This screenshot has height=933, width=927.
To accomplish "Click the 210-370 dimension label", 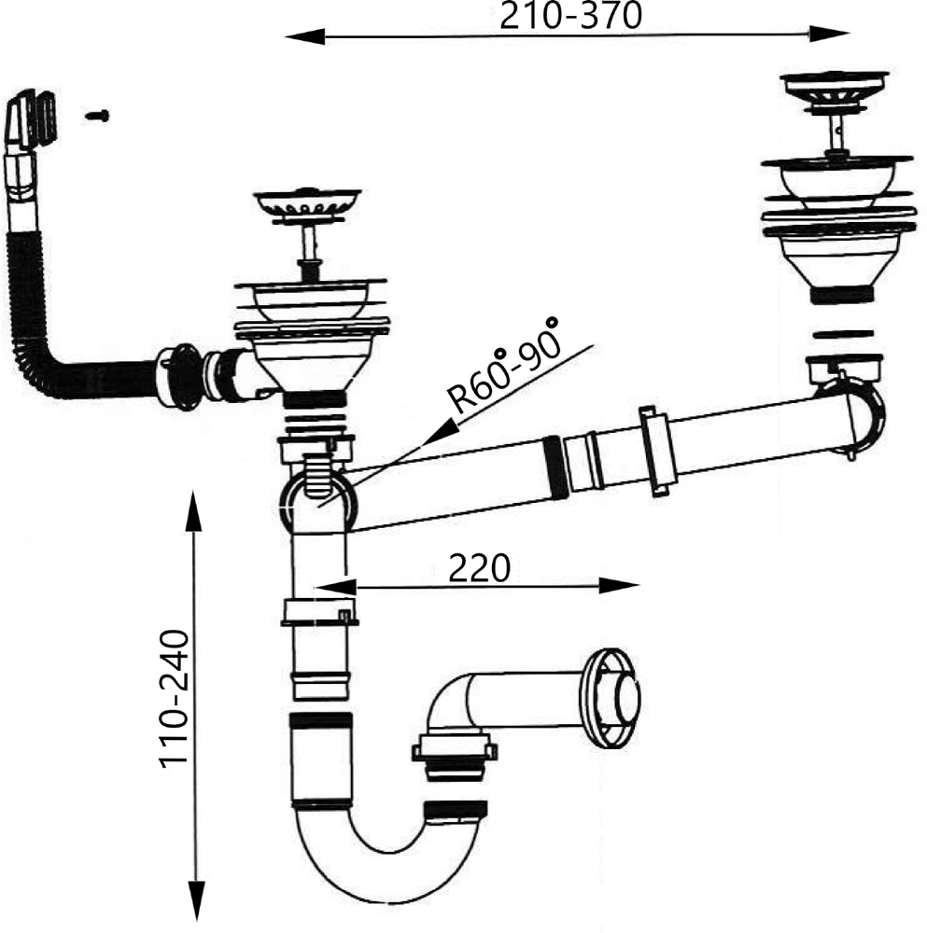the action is [x=570, y=16].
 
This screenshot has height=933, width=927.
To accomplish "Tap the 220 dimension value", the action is [x=479, y=568].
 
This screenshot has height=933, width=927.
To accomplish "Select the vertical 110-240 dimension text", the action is [x=174, y=698].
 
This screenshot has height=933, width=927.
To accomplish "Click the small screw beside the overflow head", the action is [x=96, y=116].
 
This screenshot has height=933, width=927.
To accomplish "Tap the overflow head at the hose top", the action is [x=31, y=119].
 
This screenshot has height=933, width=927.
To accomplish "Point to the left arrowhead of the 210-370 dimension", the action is [x=305, y=37].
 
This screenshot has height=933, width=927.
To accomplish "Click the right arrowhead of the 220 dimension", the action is [x=619, y=586].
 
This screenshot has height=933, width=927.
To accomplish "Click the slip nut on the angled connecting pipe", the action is [x=657, y=451].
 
